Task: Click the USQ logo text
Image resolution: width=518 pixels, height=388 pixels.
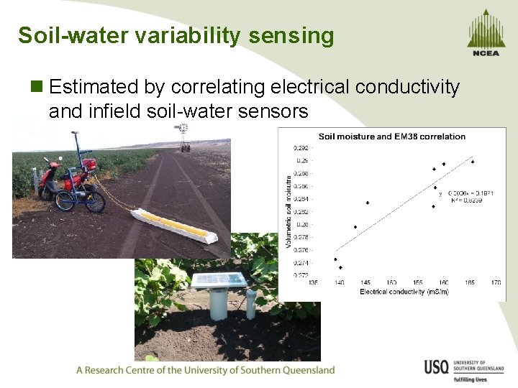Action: (x=436, y=368)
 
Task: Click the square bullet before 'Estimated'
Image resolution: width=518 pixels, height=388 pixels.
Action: (x=37, y=88)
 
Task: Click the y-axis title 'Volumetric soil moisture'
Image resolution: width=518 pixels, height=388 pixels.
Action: (x=288, y=213)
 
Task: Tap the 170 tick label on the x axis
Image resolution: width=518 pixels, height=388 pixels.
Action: (x=496, y=282)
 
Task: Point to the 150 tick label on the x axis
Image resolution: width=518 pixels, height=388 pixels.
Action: (x=391, y=282)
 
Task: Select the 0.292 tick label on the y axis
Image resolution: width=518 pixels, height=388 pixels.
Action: (x=301, y=148)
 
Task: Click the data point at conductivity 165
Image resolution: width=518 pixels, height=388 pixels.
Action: (x=472, y=162)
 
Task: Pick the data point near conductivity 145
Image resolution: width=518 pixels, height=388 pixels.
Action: (x=368, y=203)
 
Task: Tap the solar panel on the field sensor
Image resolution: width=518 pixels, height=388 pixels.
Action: (x=218, y=279)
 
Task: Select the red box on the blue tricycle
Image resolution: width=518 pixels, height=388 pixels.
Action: (x=89, y=167)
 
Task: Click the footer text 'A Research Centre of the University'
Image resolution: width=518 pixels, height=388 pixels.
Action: (x=205, y=370)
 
